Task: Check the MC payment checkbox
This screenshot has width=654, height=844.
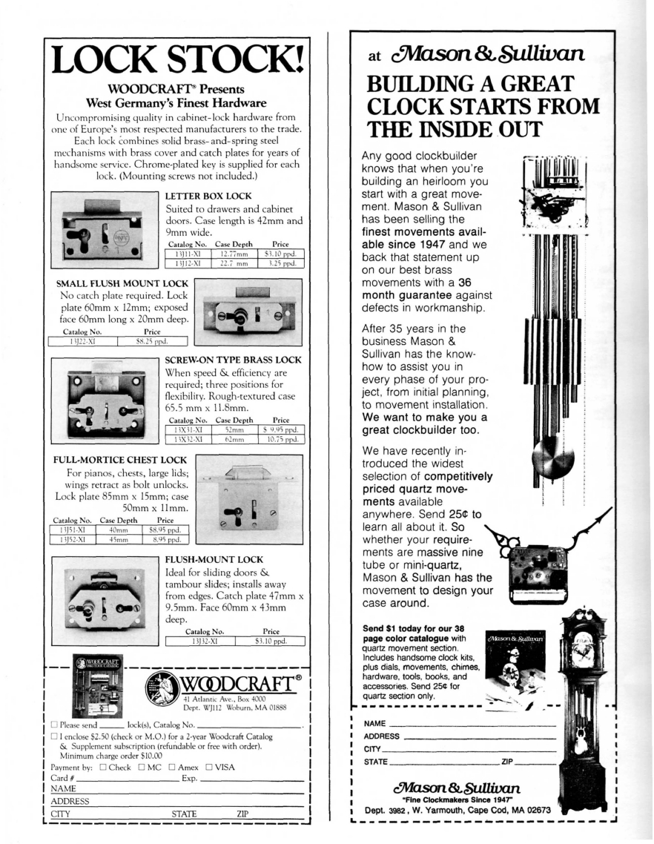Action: click(x=147, y=769)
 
